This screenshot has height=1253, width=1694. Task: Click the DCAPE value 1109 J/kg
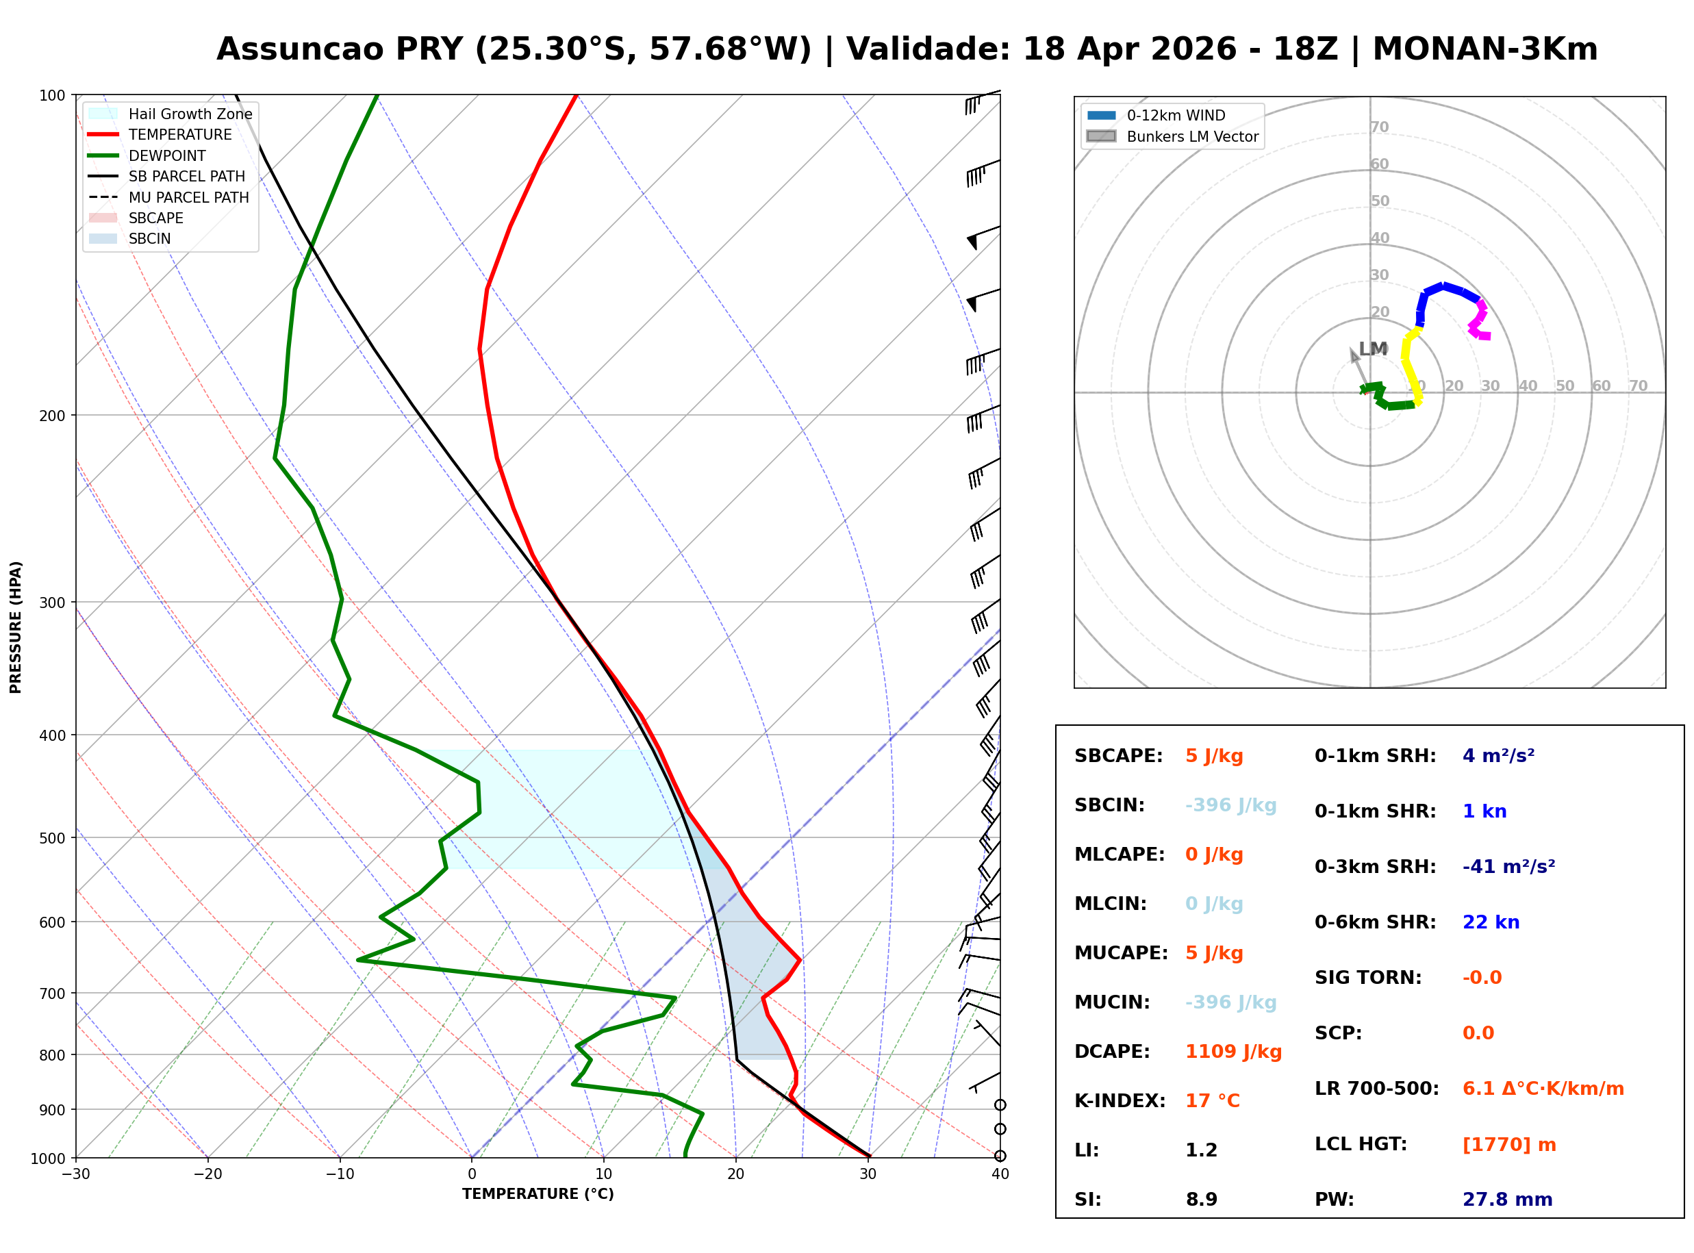1233,1052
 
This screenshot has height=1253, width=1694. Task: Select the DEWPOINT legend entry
167,155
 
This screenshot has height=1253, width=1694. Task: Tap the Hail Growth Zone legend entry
190,114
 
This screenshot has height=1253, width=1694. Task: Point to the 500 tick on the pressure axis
51,838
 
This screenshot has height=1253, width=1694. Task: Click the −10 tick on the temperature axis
339,1175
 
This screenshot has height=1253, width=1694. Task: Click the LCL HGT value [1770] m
1509,1145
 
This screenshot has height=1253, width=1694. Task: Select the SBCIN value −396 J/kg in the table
1230,805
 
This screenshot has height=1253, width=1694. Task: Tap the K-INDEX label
1120,1101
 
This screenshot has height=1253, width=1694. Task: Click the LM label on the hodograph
1372,349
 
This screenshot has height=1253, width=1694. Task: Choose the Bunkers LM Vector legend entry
1192,136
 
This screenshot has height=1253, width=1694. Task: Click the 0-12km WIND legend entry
1176,115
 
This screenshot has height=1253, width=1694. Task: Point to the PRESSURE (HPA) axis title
16,627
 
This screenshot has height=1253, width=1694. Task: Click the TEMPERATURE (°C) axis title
538,1195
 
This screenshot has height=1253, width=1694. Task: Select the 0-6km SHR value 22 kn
1491,922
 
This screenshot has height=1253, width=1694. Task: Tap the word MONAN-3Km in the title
1484,49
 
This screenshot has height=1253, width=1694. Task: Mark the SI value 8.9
1201,1200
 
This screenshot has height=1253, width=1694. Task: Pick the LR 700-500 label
1376,1089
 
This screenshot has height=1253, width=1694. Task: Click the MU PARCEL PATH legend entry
188,197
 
